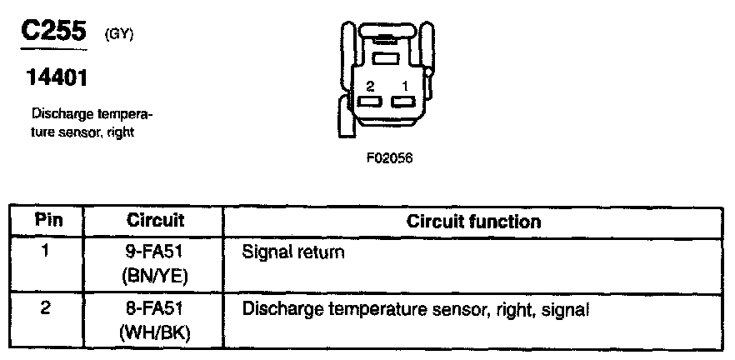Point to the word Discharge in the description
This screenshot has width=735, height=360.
(x=58, y=113)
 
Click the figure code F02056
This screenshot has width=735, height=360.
(x=389, y=157)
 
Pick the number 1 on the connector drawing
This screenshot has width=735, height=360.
(x=404, y=86)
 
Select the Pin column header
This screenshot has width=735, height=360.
(x=47, y=222)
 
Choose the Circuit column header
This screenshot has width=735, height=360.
(x=155, y=222)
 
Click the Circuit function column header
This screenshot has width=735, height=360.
(x=473, y=222)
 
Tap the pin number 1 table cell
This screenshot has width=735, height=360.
(x=47, y=249)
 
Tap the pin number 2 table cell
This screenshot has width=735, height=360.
(x=47, y=308)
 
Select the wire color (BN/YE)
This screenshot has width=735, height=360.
(x=156, y=276)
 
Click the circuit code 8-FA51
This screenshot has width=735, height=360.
(x=156, y=309)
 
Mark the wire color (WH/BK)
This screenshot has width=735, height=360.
(x=156, y=334)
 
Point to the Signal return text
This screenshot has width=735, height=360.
(x=292, y=251)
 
